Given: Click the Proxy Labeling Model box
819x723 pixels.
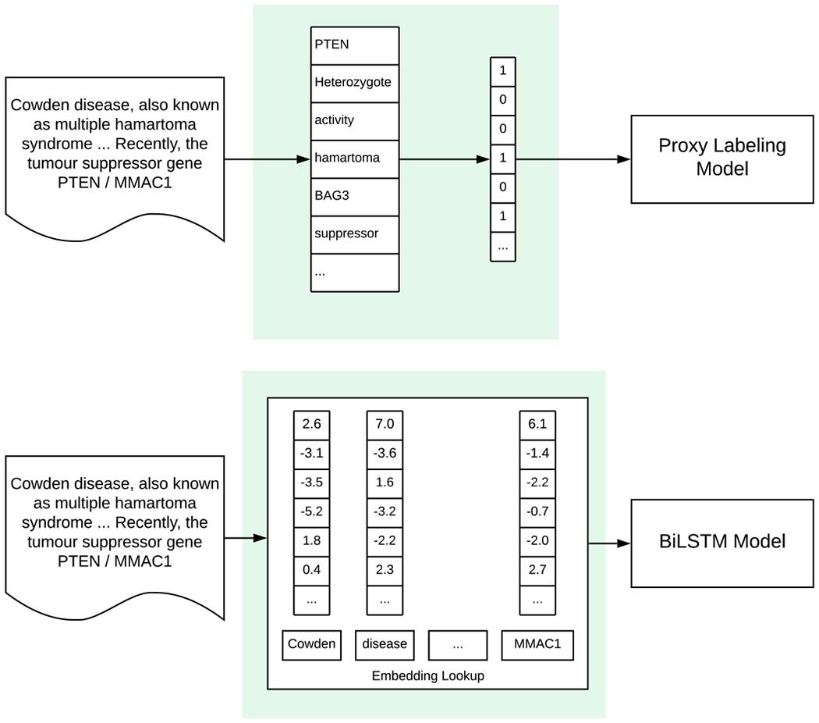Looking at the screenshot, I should (721, 158).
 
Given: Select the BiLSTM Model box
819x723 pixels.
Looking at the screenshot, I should (721, 542).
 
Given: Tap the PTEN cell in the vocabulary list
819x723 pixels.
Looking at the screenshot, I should (355, 45).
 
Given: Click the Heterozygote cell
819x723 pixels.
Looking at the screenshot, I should (355, 82).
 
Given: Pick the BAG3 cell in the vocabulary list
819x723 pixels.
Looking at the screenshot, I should (355, 195).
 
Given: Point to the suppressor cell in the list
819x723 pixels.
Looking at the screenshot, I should (355, 233).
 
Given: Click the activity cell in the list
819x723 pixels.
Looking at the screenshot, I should (355, 120).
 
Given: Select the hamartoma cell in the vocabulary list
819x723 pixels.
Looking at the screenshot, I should (355, 158).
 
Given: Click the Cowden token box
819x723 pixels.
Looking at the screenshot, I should (311, 645).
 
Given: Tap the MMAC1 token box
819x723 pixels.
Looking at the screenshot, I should (537, 645).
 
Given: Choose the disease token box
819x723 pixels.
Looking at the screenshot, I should (385, 645).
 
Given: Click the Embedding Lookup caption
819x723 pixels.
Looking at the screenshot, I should (427, 676).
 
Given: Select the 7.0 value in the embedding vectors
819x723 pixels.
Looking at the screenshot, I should (385, 425).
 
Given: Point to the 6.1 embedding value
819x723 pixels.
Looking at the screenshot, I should (537, 425).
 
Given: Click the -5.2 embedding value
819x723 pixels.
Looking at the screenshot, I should (311, 511).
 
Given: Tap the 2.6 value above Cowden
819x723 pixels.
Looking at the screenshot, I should (311, 425).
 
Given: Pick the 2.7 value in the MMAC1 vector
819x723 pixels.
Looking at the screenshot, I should (537, 570).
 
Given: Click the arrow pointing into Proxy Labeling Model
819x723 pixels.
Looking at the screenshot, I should (573, 159).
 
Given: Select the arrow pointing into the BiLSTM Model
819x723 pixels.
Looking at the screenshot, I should (609, 543).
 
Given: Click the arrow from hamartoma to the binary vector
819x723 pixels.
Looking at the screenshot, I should (445, 159).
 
